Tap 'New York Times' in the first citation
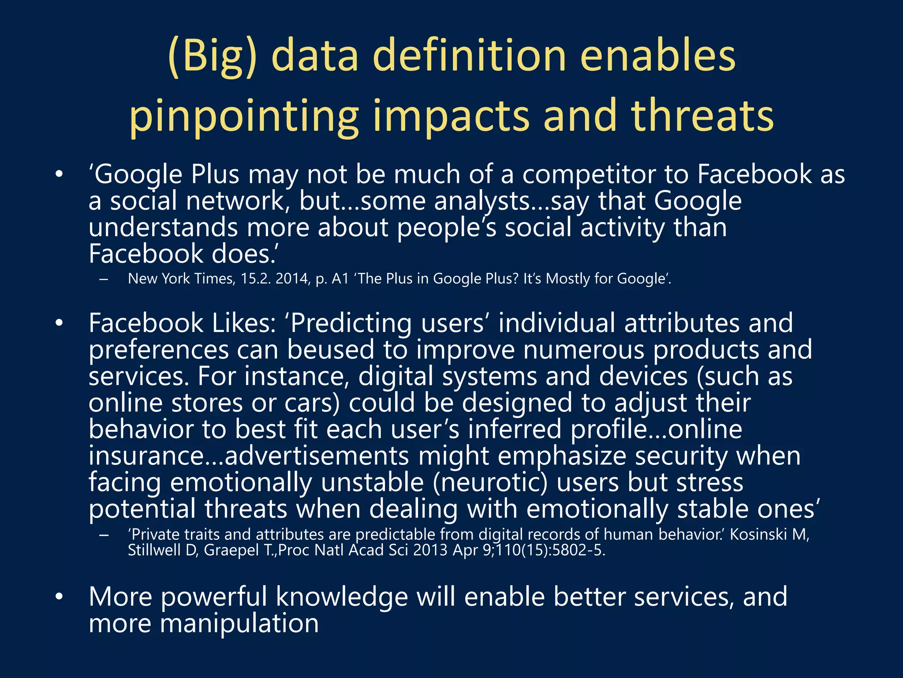pos(181,279)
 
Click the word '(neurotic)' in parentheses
pos(489,482)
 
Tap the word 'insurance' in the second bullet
pos(146,456)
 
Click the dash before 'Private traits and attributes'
pos(104,535)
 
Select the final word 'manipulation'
pos(203,624)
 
